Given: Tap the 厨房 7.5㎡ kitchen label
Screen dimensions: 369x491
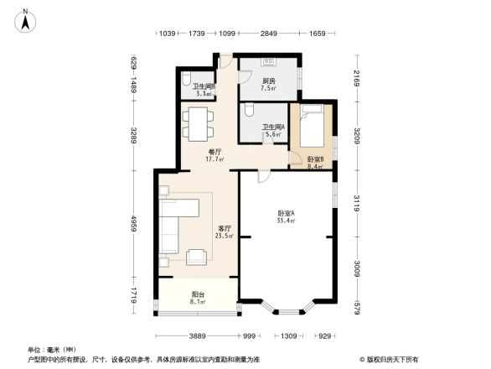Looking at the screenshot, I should click(x=268, y=84).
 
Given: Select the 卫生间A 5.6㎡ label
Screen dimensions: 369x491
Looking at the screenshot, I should click(x=273, y=130).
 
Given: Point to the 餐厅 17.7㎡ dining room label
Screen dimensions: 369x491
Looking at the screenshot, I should click(x=214, y=154).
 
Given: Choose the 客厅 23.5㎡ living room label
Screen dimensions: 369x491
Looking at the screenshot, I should click(x=225, y=232).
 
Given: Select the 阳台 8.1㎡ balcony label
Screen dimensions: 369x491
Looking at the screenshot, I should click(x=199, y=298).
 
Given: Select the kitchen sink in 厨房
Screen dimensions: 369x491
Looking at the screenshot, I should click(x=269, y=63).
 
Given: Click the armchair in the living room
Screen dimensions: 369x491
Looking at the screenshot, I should click(x=198, y=257).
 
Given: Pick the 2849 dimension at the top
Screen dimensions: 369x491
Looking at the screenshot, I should click(x=268, y=34).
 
